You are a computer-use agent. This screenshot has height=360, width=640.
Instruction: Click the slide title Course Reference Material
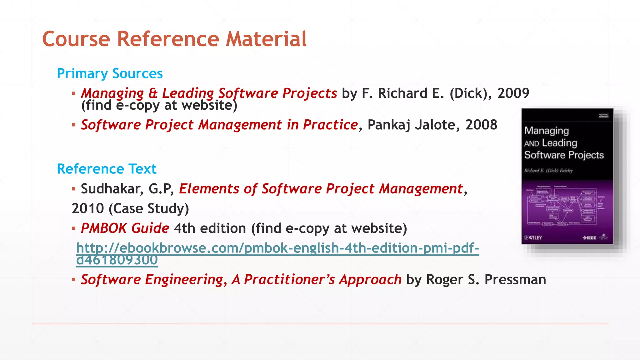point(174,39)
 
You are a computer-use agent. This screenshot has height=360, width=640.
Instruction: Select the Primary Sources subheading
point(110,74)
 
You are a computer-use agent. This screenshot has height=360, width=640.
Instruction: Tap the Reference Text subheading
point(106,169)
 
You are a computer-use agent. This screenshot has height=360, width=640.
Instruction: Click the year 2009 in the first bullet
point(513,93)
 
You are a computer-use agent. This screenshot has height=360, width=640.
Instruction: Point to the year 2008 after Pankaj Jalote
point(481,125)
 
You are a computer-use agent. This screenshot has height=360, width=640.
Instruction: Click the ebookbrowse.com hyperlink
point(277,248)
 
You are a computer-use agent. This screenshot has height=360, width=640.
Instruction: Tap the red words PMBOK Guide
point(125,228)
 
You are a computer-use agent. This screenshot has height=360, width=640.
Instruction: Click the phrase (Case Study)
point(149,209)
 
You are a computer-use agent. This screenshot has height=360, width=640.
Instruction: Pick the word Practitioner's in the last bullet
point(289,280)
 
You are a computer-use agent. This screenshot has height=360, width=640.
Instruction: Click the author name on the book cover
point(548,171)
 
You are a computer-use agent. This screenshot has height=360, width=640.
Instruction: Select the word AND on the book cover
point(532,144)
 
